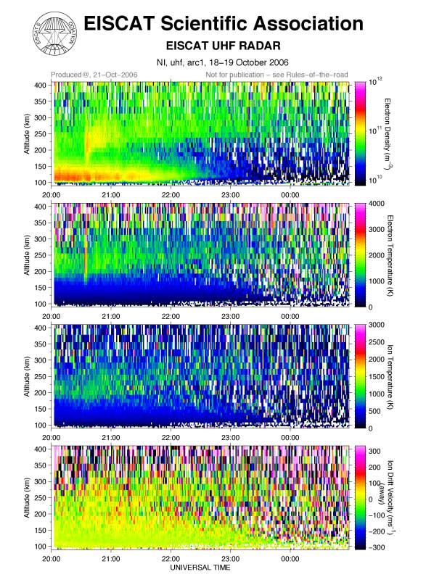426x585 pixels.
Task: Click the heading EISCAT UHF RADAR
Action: pos(223,46)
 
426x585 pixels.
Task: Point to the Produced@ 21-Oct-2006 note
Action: pos(94,75)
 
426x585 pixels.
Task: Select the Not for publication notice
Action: pos(277,75)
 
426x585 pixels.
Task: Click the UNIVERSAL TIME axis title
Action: pos(200,568)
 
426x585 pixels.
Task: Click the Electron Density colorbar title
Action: pos(388,133)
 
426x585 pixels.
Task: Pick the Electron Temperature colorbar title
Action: pos(390,255)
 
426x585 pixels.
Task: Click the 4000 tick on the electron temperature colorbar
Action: pos(376,204)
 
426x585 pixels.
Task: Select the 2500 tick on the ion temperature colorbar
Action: pos(376,341)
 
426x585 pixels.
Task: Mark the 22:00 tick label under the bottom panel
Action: pos(171,558)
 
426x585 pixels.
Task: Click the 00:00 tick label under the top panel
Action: pos(290,195)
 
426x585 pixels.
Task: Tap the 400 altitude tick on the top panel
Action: pos(41,85)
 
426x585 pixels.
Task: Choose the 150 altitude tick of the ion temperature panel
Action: pos(41,409)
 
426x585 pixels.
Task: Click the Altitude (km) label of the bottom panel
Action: pos(27,498)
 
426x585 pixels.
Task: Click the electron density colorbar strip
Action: pos(360,133)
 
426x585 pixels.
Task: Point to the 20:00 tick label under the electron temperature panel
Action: pos(51,316)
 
